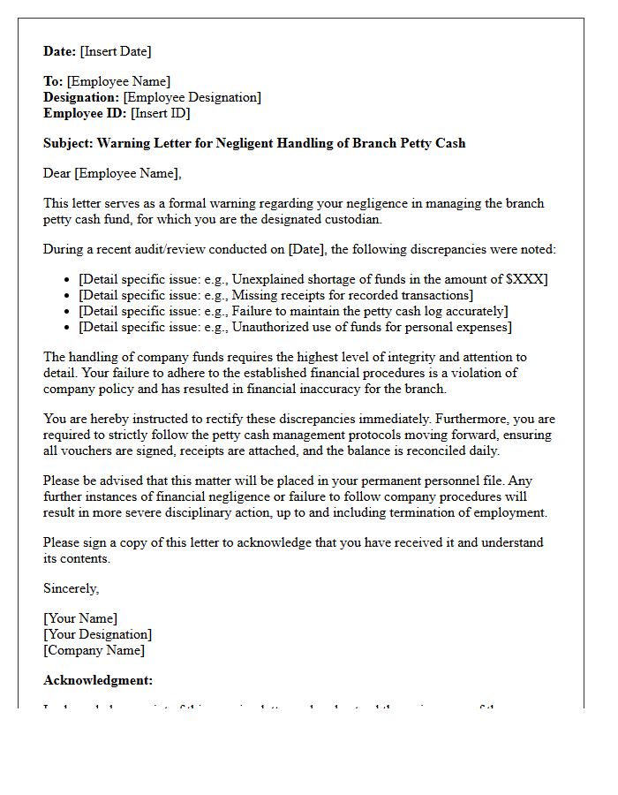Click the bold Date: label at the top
pyautogui.click(x=60, y=51)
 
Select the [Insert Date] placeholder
pyautogui.click(x=116, y=51)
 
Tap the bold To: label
pyautogui.click(x=53, y=81)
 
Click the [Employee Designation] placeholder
pyautogui.click(x=192, y=97)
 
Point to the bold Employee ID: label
pyautogui.click(x=86, y=113)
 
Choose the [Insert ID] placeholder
pyautogui.click(x=161, y=113)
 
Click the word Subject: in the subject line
pyautogui.click(x=68, y=143)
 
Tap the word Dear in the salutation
pyautogui.click(x=57, y=173)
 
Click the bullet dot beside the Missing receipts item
pyautogui.click(x=68, y=296)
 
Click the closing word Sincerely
pyautogui.click(x=71, y=588)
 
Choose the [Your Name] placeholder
pyautogui.click(x=80, y=618)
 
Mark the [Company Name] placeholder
pyautogui.click(x=94, y=650)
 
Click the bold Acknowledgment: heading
pyautogui.click(x=98, y=680)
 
